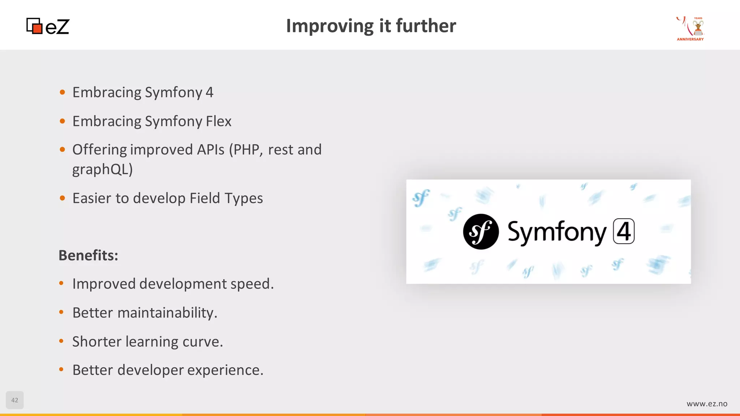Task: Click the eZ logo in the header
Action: [48, 26]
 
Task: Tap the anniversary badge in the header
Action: [690, 29]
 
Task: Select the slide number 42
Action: [15, 400]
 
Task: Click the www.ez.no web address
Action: [707, 404]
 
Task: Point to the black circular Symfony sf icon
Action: [481, 231]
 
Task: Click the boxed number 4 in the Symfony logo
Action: [624, 231]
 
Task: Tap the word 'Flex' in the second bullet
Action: [219, 121]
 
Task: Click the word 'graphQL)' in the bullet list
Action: [103, 169]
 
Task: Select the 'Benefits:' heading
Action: [89, 255]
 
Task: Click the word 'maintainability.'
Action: [167, 313]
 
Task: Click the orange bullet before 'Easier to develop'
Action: [63, 198]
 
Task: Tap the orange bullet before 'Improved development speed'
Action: [61, 283]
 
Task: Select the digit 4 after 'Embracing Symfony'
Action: [210, 92]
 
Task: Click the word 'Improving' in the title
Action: [330, 26]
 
